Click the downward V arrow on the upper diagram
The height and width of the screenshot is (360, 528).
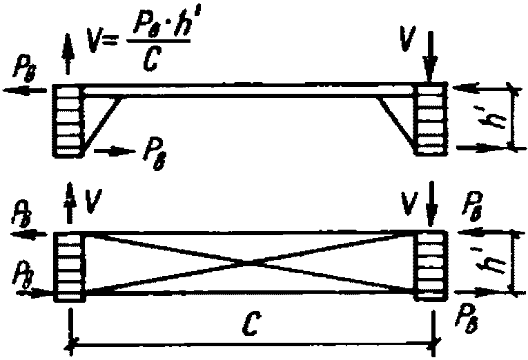click(x=430, y=59)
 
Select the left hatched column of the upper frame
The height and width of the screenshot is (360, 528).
click(x=68, y=120)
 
